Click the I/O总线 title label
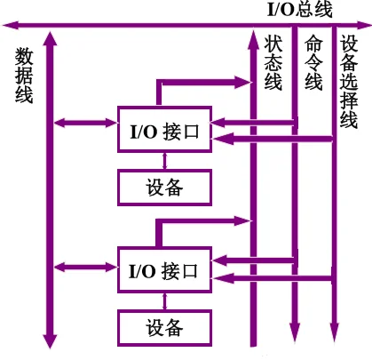point(300,10)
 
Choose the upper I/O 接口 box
point(165,132)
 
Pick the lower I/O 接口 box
point(165,268)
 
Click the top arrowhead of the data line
point(50,38)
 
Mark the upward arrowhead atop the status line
point(254,37)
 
